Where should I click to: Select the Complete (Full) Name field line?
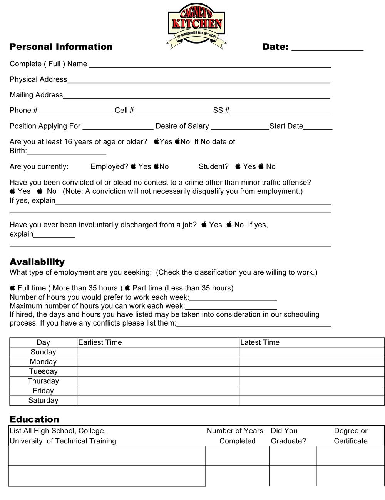click(210, 65)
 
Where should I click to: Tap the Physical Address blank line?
click(198, 81)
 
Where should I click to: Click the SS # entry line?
click(279, 112)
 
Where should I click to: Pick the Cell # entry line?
click(173, 112)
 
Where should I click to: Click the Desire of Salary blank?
click(240, 128)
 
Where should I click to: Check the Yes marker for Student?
click(238, 166)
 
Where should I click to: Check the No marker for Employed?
click(156, 166)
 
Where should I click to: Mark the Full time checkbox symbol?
click(13, 288)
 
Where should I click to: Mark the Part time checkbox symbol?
click(127, 288)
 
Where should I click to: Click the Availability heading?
click(37, 262)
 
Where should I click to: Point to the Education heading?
click(34, 419)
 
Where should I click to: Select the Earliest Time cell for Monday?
click(158, 362)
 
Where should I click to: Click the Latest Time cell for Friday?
click(311, 391)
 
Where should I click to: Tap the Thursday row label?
click(43, 381)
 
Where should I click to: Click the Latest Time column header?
click(260, 342)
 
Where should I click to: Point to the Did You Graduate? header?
click(288, 436)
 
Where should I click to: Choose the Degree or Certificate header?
click(351, 436)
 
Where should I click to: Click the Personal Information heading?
click(61, 47)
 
